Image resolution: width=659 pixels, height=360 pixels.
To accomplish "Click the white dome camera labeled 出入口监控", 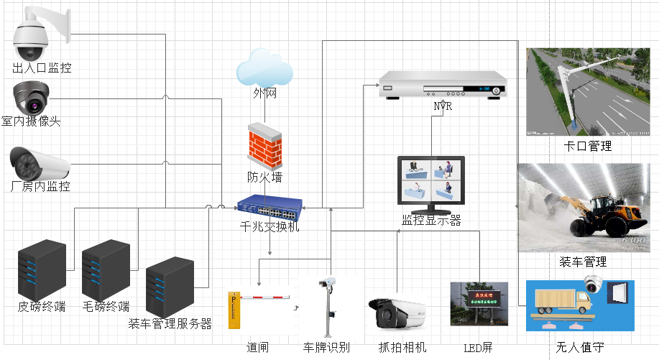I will click(33, 36).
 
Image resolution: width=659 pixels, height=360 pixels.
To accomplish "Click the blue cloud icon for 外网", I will click(264, 70).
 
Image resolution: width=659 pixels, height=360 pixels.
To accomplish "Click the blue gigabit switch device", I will click(269, 208).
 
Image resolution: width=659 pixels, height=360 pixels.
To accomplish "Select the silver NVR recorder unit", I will click(443, 86).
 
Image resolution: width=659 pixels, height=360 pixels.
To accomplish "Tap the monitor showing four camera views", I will click(431, 184).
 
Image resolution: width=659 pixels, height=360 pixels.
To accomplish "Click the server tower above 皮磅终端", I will click(42, 270).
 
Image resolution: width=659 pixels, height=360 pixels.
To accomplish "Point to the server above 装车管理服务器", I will click(170, 287).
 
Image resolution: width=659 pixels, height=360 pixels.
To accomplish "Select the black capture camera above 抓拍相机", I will click(398, 313).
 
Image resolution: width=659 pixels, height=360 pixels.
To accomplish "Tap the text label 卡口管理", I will click(589, 147).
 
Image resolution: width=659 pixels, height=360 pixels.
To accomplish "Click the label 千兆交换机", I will click(269, 227).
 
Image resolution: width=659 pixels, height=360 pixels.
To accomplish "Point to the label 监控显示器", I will click(431, 221).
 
